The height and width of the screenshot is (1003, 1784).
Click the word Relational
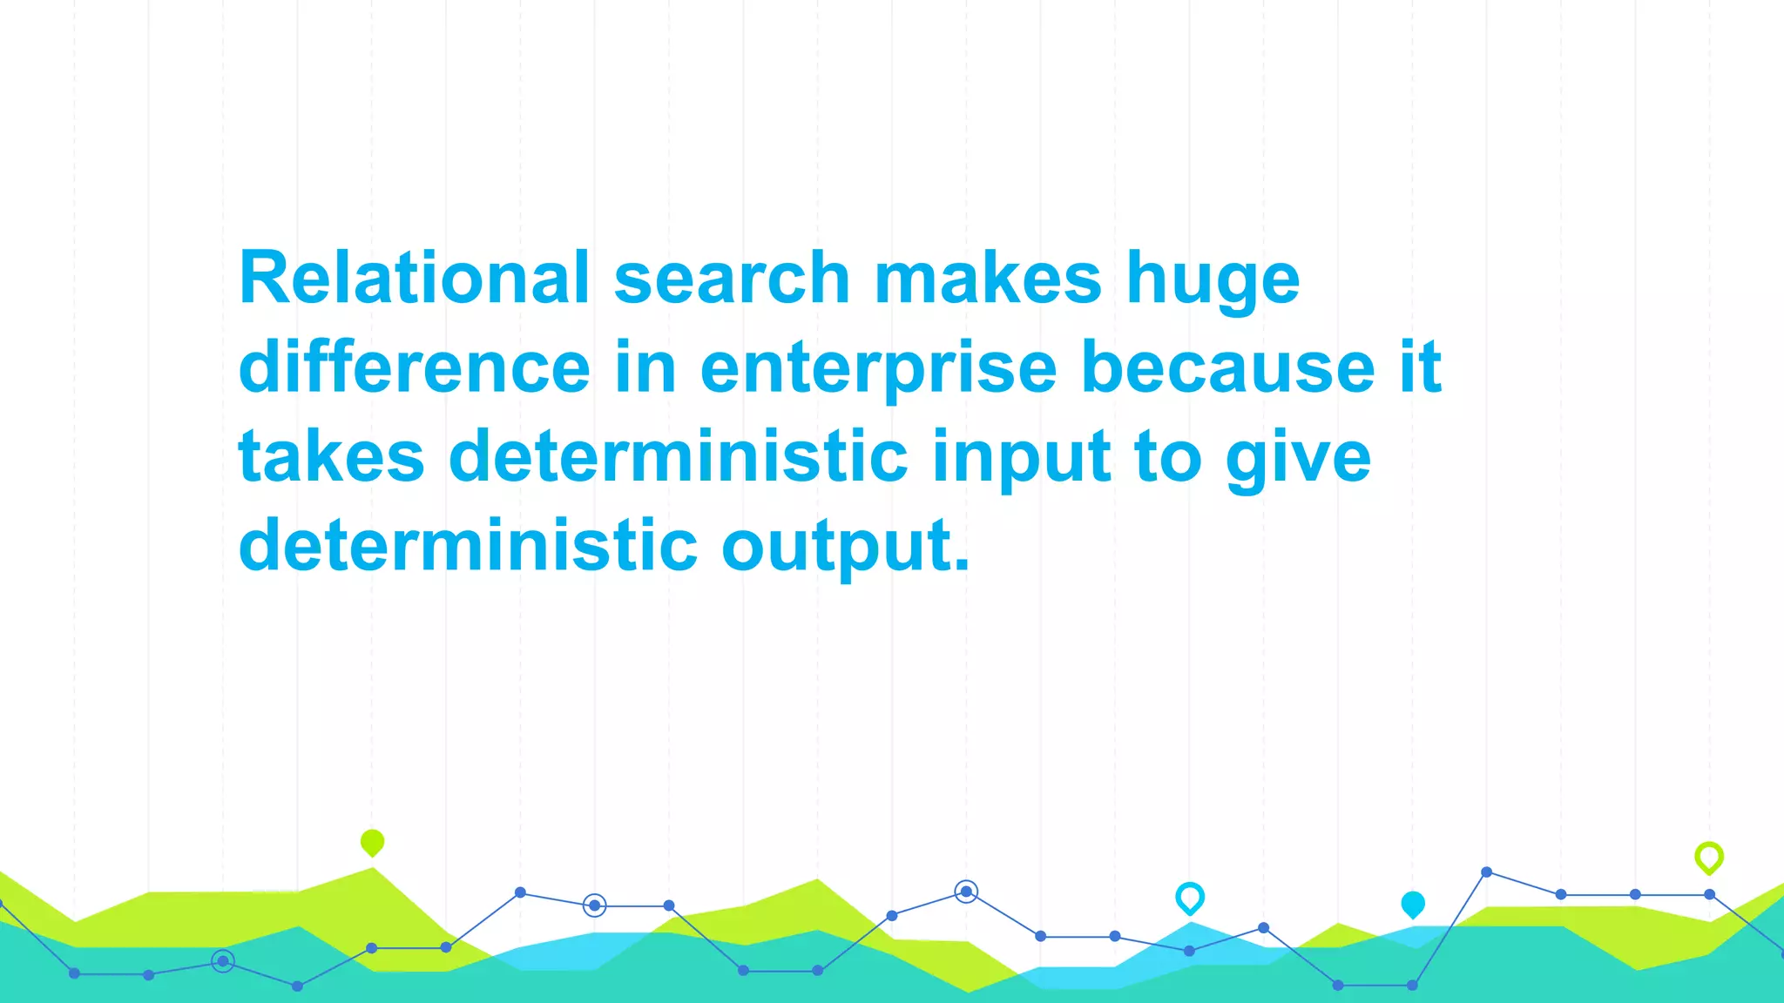coord(415,278)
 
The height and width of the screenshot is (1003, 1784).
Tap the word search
coord(732,278)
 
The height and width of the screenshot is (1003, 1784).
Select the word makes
coord(988,278)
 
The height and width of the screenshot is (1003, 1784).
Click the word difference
coord(415,367)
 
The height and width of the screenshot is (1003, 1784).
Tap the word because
coord(1228,367)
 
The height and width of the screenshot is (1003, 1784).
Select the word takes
coord(331,456)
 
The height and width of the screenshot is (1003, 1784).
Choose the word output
coord(845,547)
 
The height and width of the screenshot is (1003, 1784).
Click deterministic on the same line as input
coord(679,456)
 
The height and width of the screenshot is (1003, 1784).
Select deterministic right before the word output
coord(468,545)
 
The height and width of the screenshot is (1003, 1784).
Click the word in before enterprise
coord(645,367)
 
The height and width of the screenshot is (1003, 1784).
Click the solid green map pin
coord(372,842)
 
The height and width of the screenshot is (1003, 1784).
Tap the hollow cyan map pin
coord(1189,898)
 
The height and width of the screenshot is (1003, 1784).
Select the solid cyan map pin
coord(1412,905)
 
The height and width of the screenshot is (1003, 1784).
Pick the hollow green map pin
coord(1708,858)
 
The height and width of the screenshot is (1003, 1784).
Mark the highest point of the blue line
coord(1486,872)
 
